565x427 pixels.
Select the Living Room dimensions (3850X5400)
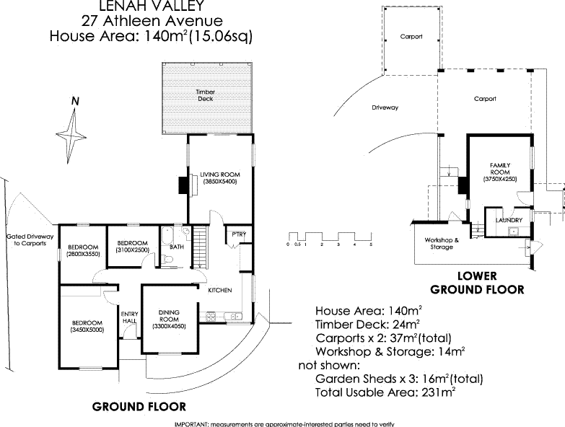tap(219, 182)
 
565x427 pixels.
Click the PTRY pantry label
tap(237, 234)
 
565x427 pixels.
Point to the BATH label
tap(176, 247)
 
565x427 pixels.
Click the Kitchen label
tap(219, 290)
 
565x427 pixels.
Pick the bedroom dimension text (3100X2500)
tap(133, 250)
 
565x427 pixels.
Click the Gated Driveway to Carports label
tap(26, 240)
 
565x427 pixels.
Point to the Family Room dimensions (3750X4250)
tap(500, 178)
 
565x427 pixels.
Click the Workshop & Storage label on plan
tap(440, 243)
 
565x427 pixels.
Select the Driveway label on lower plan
tap(385, 107)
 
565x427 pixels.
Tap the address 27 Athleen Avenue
tap(152, 20)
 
